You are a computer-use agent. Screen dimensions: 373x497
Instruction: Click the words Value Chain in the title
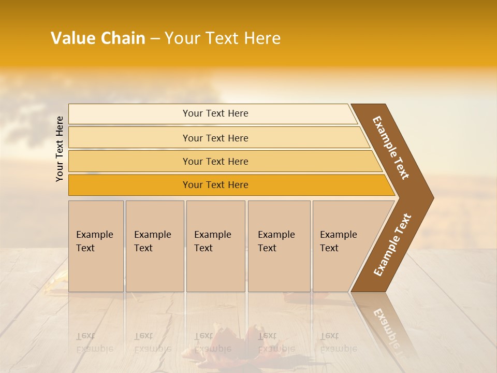tap(98, 38)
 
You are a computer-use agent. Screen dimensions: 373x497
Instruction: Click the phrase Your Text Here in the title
tap(223, 38)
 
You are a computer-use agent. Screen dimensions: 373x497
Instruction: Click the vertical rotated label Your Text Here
tap(60, 149)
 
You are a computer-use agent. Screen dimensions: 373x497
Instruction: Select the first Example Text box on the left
tap(96, 246)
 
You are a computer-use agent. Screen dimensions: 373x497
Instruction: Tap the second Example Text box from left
tap(154, 246)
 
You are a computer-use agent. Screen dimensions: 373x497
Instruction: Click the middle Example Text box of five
tap(215, 246)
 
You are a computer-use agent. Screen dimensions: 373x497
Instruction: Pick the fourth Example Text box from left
tap(279, 246)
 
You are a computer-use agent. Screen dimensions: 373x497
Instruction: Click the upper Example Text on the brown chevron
tap(391, 148)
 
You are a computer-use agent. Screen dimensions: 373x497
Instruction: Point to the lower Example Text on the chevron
tap(392, 245)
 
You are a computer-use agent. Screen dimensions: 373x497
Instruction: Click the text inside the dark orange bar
tap(215, 185)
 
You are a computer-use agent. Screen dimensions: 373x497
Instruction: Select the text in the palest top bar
tap(215, 113)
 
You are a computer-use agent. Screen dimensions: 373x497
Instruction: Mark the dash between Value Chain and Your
tap(155, 39)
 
